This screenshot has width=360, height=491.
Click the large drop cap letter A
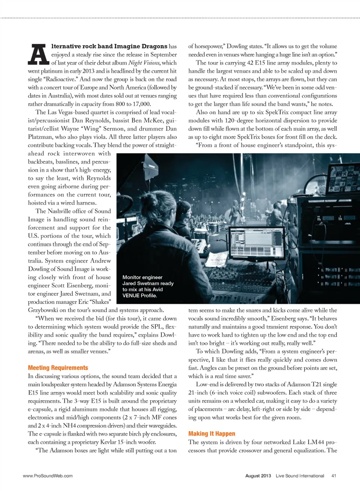click(39, 54)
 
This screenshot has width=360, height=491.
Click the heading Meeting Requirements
click(58, 368)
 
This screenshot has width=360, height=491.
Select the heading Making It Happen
click(211, 434)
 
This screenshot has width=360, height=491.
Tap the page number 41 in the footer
click(334, 476)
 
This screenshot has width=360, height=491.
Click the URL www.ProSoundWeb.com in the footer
click(48, 476)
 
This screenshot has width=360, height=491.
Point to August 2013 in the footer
click(258, 476)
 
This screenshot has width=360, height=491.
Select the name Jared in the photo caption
click(129, 283)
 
